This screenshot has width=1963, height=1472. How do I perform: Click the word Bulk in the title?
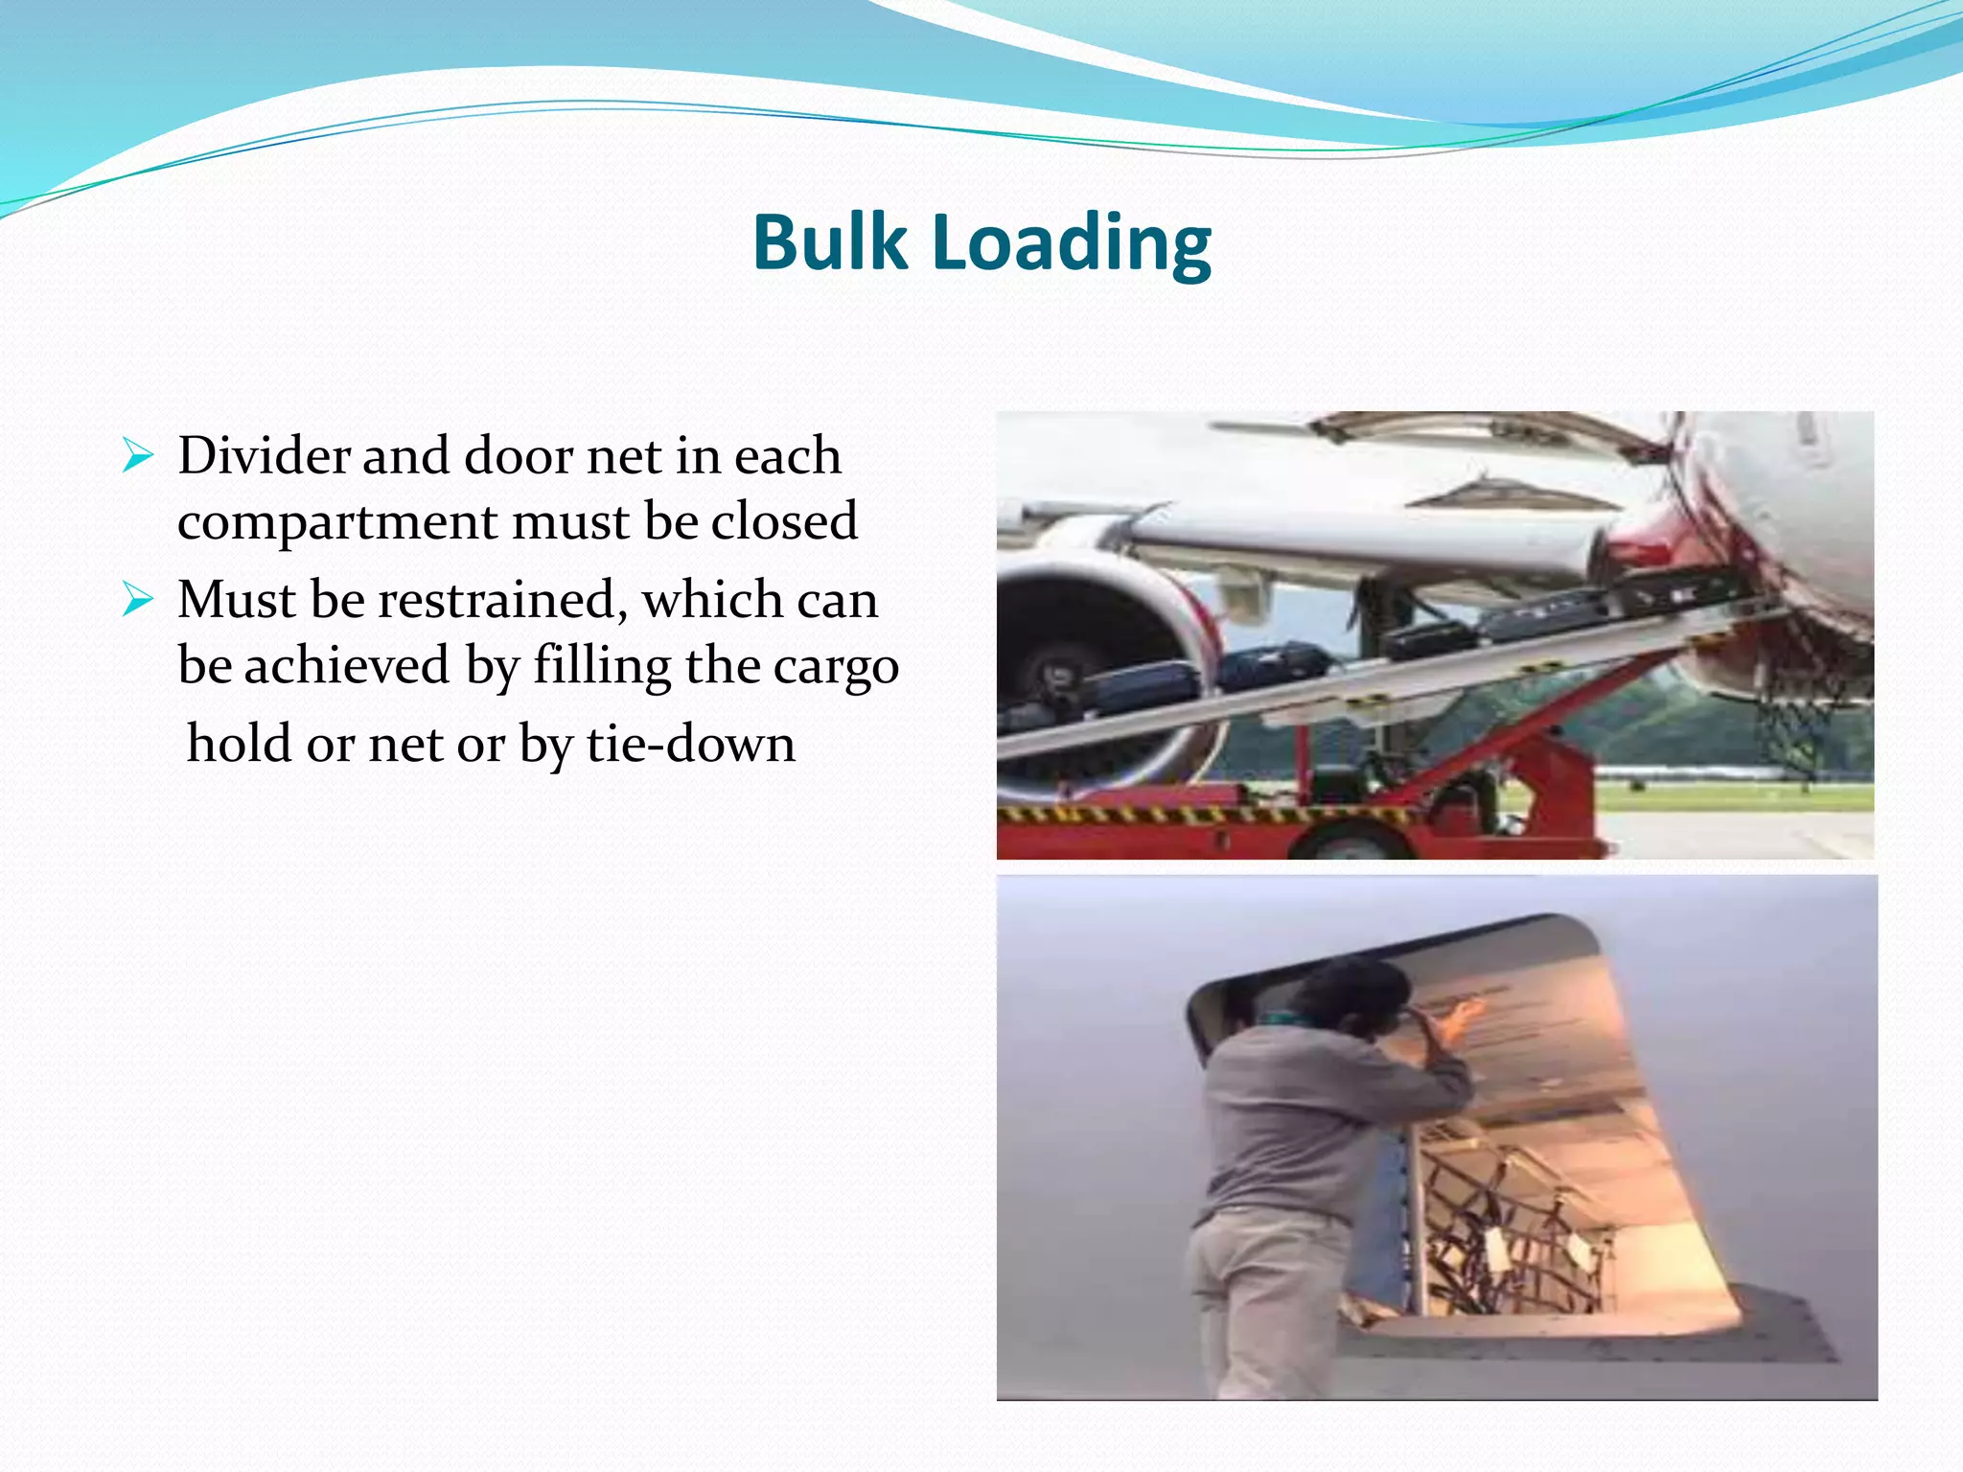pyautogui.click(x=830, y=242)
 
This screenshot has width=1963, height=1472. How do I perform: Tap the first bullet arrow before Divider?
pyautogui.click(x=138, y=456)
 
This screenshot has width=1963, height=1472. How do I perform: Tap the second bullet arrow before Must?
pyautogui.click(x=138, y=601)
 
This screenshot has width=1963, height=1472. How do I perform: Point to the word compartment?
pyautogui.click(x=336, y=523)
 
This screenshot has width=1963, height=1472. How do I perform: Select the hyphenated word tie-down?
pyautogui.click(x=690, y=744)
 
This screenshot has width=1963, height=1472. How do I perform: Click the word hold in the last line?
pyautogui.click(x=238, y=744)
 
